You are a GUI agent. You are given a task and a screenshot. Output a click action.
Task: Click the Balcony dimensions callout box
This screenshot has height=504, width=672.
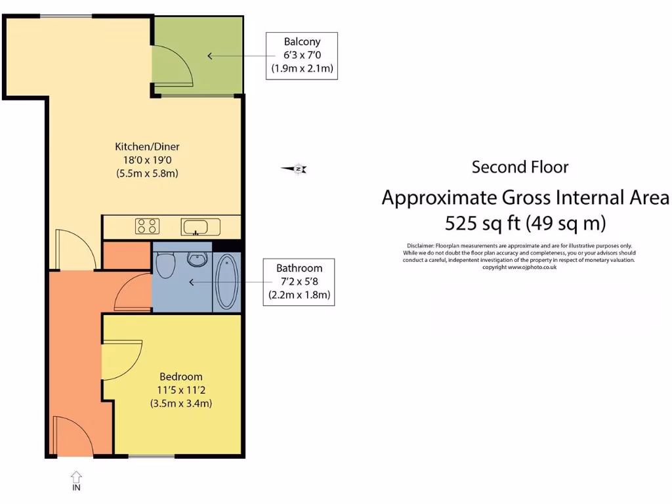point(301,56)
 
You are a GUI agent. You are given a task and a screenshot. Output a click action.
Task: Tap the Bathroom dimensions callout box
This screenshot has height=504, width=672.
point(299,282)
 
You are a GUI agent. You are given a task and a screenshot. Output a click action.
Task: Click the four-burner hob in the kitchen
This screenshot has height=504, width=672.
point(147,226)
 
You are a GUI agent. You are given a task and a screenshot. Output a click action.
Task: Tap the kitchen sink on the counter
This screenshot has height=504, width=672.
point(196,228)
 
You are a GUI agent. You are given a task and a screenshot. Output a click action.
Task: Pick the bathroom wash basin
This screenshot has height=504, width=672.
point(196,259)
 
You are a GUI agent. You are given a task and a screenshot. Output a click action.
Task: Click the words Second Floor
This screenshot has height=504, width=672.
point(520,167)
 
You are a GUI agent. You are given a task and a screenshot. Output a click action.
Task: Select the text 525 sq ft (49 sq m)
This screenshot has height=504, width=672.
point(525,223)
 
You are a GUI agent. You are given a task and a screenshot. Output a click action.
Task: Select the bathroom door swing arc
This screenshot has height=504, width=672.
point(134,293)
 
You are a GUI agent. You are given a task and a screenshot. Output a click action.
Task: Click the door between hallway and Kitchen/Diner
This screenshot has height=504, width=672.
point(75,249)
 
